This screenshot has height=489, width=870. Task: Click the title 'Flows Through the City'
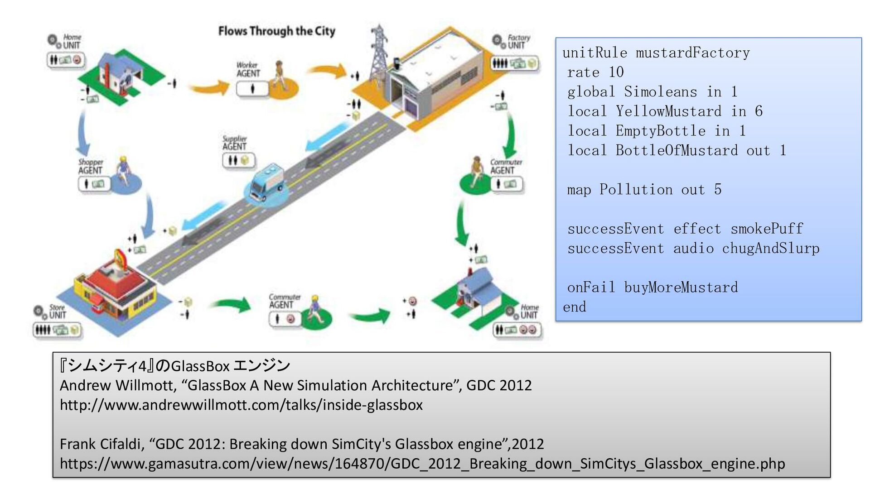pos(276,31)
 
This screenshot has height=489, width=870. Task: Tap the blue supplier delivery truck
pos(266,183)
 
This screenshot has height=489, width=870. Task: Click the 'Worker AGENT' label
pos(248,69)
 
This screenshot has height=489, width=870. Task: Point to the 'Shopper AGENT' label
pos(90,166)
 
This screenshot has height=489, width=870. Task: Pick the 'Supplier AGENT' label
pos(234,143)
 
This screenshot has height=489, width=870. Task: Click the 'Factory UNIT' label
pos(517,41)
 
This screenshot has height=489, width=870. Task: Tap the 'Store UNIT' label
pos(57,311)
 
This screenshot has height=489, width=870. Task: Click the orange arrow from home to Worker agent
pos(208,86)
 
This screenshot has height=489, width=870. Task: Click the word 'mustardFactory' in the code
pos(692,53)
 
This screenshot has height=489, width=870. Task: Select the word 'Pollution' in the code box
pos(636,189)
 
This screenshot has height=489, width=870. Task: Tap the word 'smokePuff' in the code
pos(767,229)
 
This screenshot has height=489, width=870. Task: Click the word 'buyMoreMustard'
pos(681,288)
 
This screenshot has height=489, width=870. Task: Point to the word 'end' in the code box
pos(574,307)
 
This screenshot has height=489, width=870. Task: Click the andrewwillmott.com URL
pos(241,405)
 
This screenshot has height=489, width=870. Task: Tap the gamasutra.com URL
pos(422,464)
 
